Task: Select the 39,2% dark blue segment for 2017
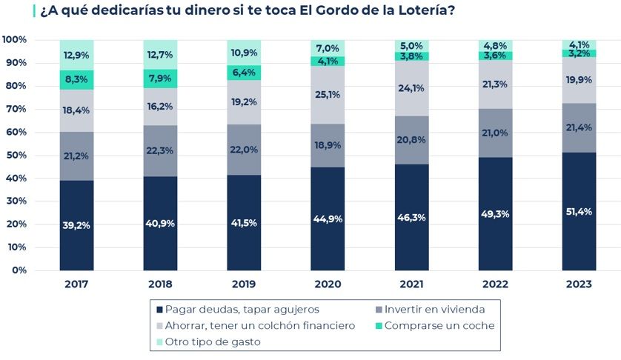[77, 225]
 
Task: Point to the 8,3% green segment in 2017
[77, 80]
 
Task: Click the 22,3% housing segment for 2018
[161, 151]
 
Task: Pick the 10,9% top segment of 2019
[244, 54]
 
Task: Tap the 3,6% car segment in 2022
[495, 55]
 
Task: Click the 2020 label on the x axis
[328, 284]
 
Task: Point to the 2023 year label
[579, 284]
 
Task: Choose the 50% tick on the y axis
[15, 155]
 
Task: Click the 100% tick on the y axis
[15, 39]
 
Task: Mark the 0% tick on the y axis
[18, 270]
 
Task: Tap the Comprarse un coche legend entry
[437, 325]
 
